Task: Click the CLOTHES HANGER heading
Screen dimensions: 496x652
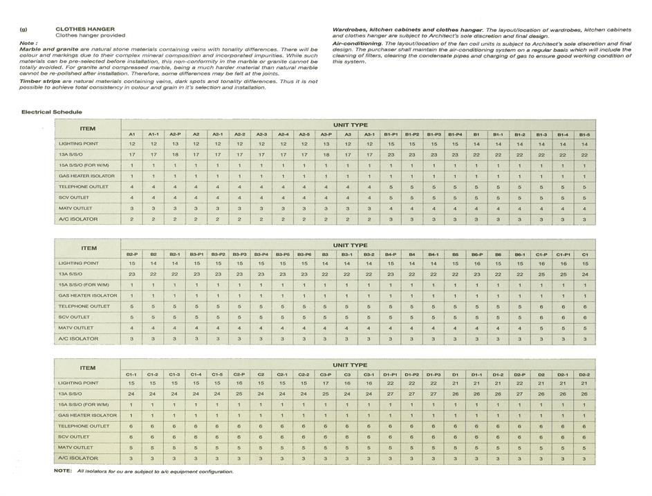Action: [75, 30]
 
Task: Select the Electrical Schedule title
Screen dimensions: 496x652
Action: [52, 111]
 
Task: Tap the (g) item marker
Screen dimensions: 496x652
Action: [24, 30]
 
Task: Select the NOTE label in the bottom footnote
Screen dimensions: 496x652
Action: [62, 471]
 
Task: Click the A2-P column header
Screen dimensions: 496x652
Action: [175, 134]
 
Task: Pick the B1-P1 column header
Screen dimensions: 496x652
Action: [391, 134]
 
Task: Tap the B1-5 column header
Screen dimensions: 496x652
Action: [584, 134]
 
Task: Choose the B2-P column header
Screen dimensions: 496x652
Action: [131, 254]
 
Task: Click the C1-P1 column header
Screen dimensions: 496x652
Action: [563, 254]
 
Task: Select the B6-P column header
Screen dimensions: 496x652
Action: [477, 254]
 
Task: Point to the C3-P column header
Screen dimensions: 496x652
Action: [326, 374]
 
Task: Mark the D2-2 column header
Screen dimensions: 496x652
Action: [584, 374]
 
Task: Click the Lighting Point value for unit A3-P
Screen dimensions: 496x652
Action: [326, 144]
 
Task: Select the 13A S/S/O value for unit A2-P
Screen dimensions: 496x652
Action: [175, 154]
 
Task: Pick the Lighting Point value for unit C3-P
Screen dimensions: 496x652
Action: [326, 383]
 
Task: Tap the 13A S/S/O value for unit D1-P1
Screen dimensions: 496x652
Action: [391, 394]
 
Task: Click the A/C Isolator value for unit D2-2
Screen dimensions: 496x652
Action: [584, 459]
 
